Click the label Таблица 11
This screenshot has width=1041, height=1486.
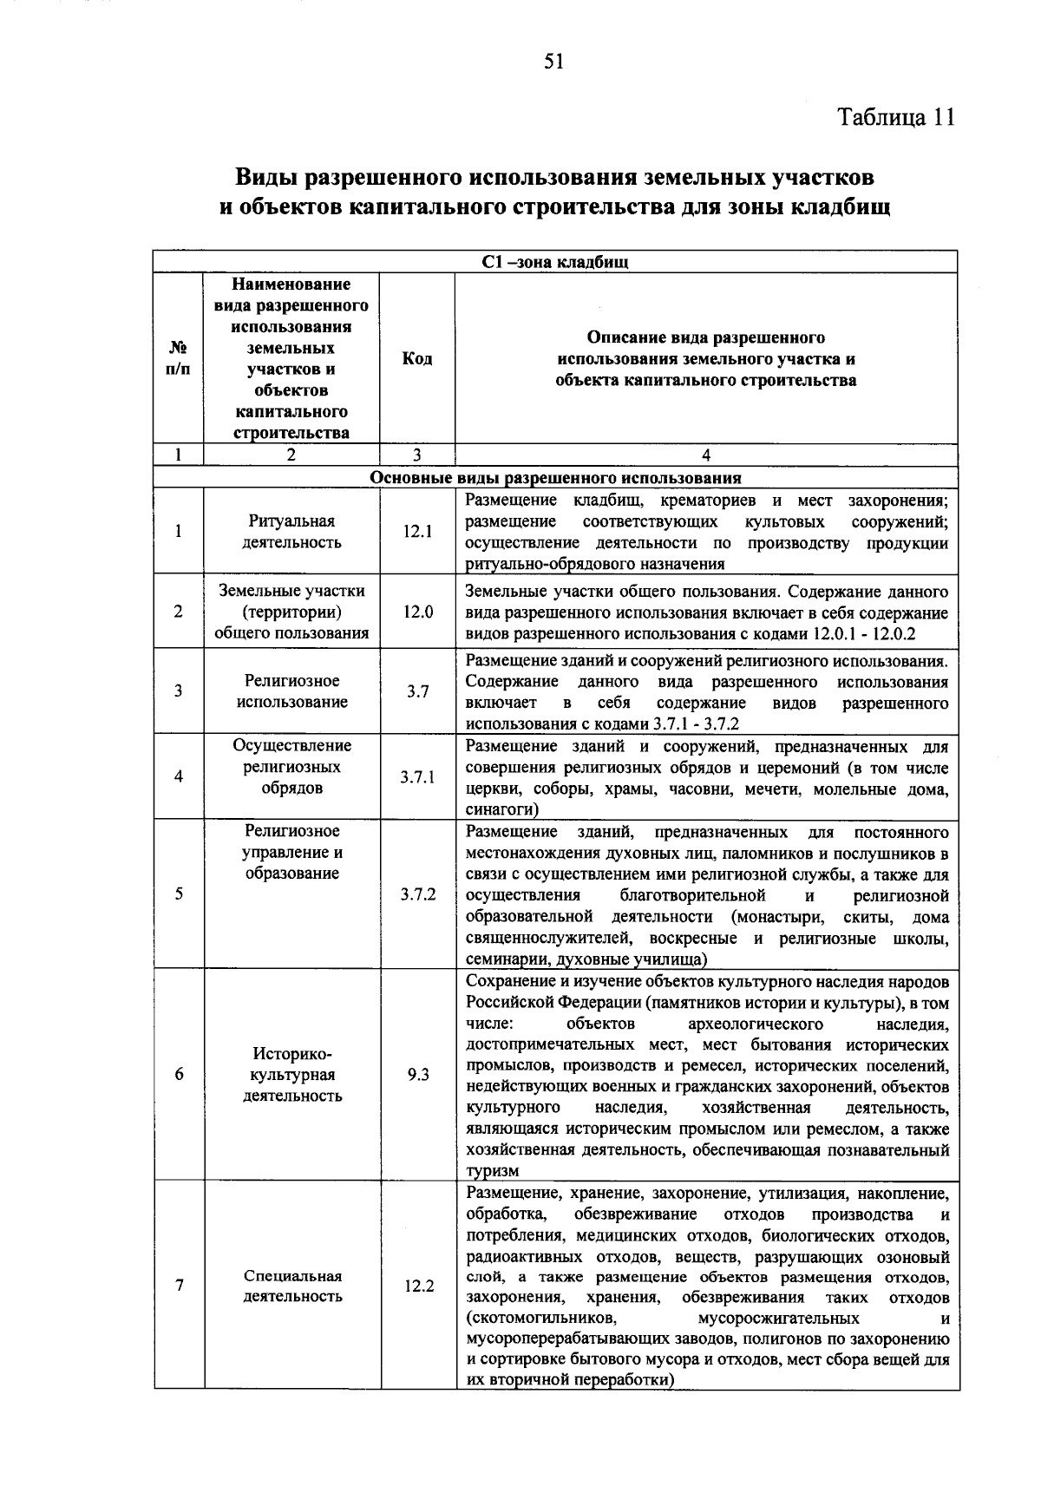(x=896, y=118)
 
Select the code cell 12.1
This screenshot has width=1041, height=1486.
(x=417, y=532)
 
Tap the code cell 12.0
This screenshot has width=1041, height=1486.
(x=417, y=612)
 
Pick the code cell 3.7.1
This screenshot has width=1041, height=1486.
(x=417, y=777)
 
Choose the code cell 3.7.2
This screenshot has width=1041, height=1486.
(x=417, y=894)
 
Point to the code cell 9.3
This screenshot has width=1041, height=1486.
(x=417, y=1075)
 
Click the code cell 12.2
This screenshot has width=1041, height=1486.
(x=417, y=1286)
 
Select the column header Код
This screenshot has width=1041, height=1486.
(x=417, y=359)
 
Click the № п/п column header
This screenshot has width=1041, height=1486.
(x=179, y=359)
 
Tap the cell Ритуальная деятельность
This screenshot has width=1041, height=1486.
(x=291, y=532)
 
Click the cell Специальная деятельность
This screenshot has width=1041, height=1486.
(x=292, y=1286)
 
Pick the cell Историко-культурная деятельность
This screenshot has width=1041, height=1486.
(x=292, y=1075)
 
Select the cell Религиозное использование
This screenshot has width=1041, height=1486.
(x=291, y=691)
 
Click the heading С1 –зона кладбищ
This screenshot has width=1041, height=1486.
(x=555, y=263)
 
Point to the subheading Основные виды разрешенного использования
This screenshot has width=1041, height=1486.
(x=555, y=478)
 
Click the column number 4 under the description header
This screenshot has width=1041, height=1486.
(x=706, y=455)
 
